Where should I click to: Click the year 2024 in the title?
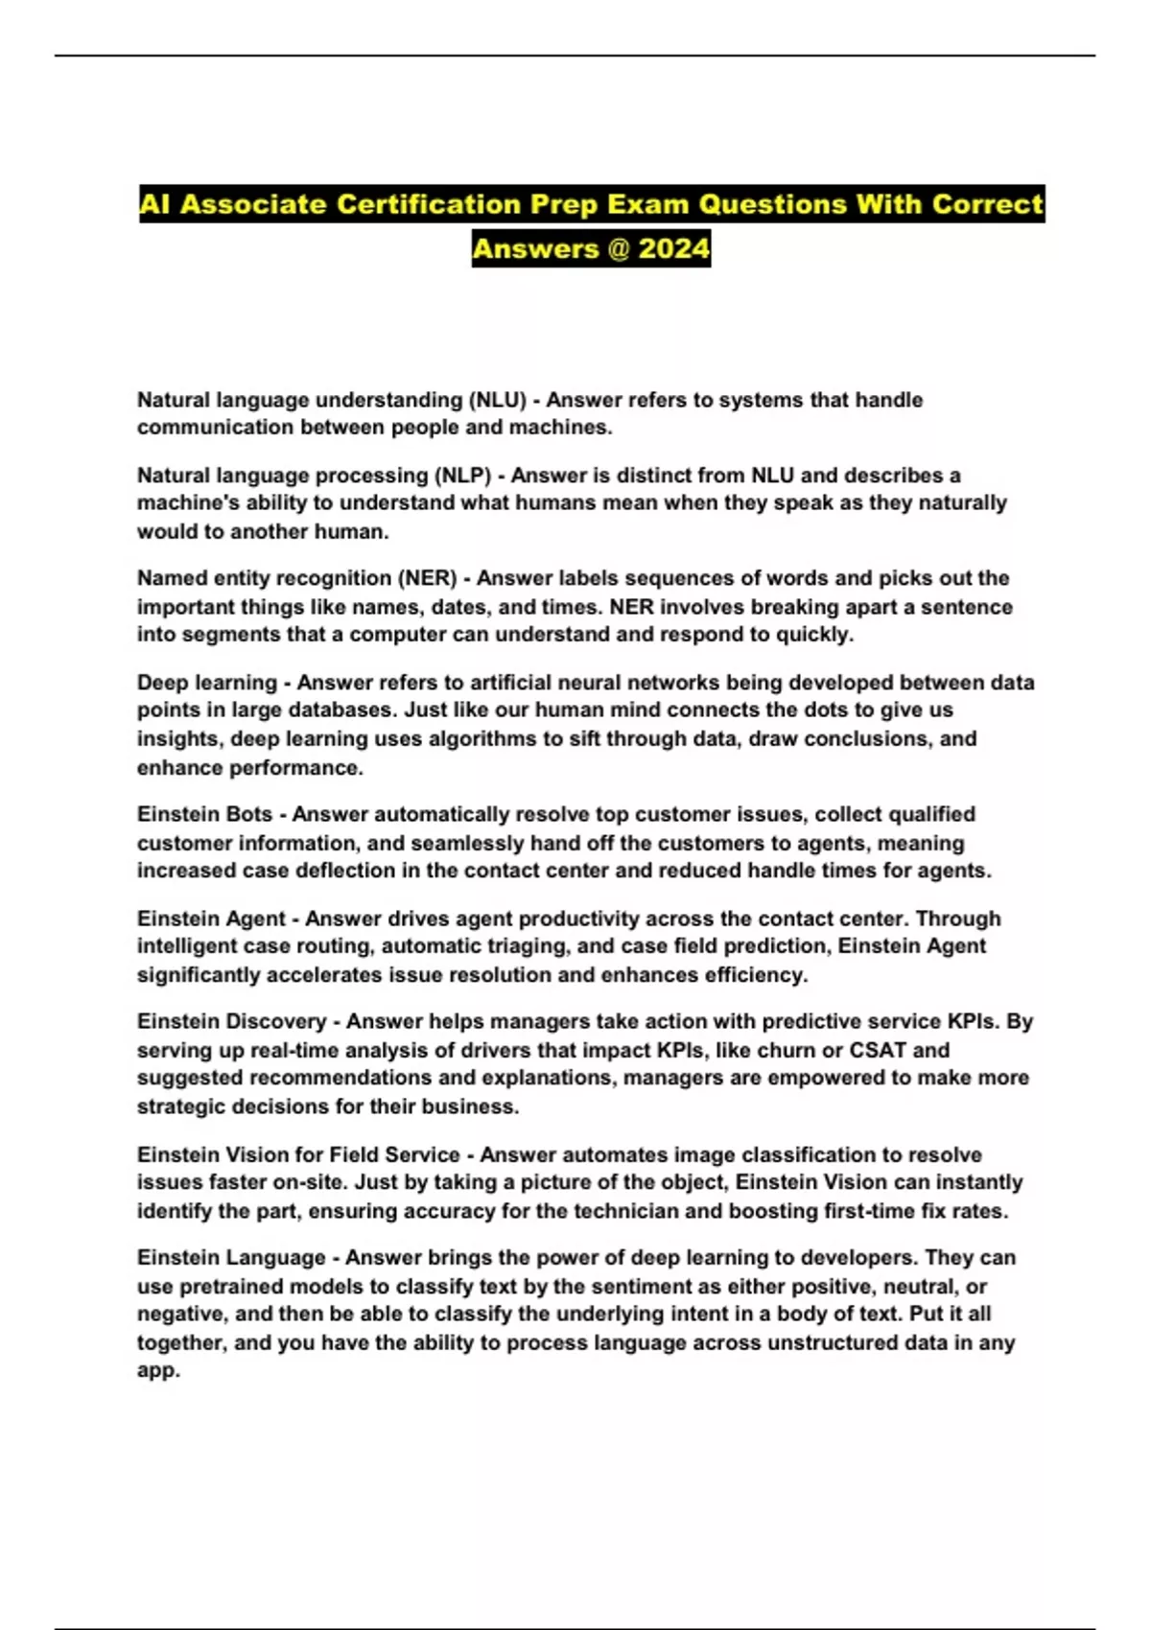click(x=674, y=248)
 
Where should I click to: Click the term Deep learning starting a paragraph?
click(x=206, y=683)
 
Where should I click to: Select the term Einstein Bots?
click(x=204, y=814)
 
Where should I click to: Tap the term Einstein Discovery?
click(x=231, y=1021)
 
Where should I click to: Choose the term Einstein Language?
click(x=231, y=1257)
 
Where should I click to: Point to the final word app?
click(x=157, y=1371)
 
